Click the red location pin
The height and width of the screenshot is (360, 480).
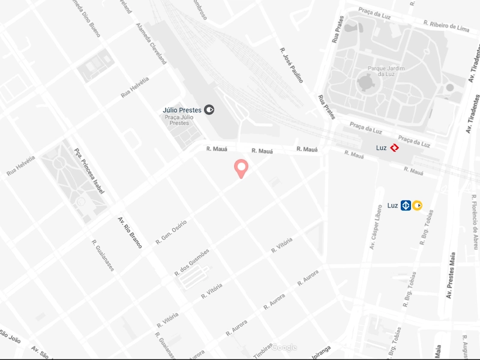pos(241,169)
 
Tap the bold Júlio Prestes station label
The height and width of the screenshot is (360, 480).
pos(182,110)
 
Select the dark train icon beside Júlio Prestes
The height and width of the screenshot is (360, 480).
pos(209,110)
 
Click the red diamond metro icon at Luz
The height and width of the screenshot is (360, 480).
pos(395,148)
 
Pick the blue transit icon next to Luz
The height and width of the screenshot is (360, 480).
pos(406,205)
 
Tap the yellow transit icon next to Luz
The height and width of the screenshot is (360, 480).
pos(417,205)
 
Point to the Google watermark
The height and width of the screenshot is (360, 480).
pos(283,347)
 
